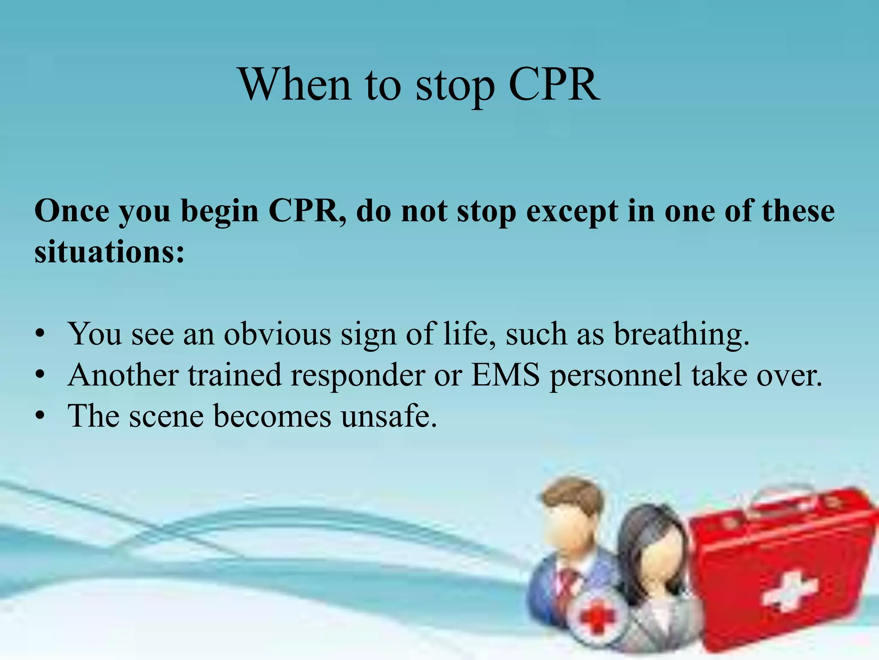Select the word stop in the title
[x=455, y=88]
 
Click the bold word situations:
[x=109, y=252]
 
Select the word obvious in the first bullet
[x=277, y=334]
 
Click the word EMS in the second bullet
[x=505, y=375]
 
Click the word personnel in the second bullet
[x=615, y=376]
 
